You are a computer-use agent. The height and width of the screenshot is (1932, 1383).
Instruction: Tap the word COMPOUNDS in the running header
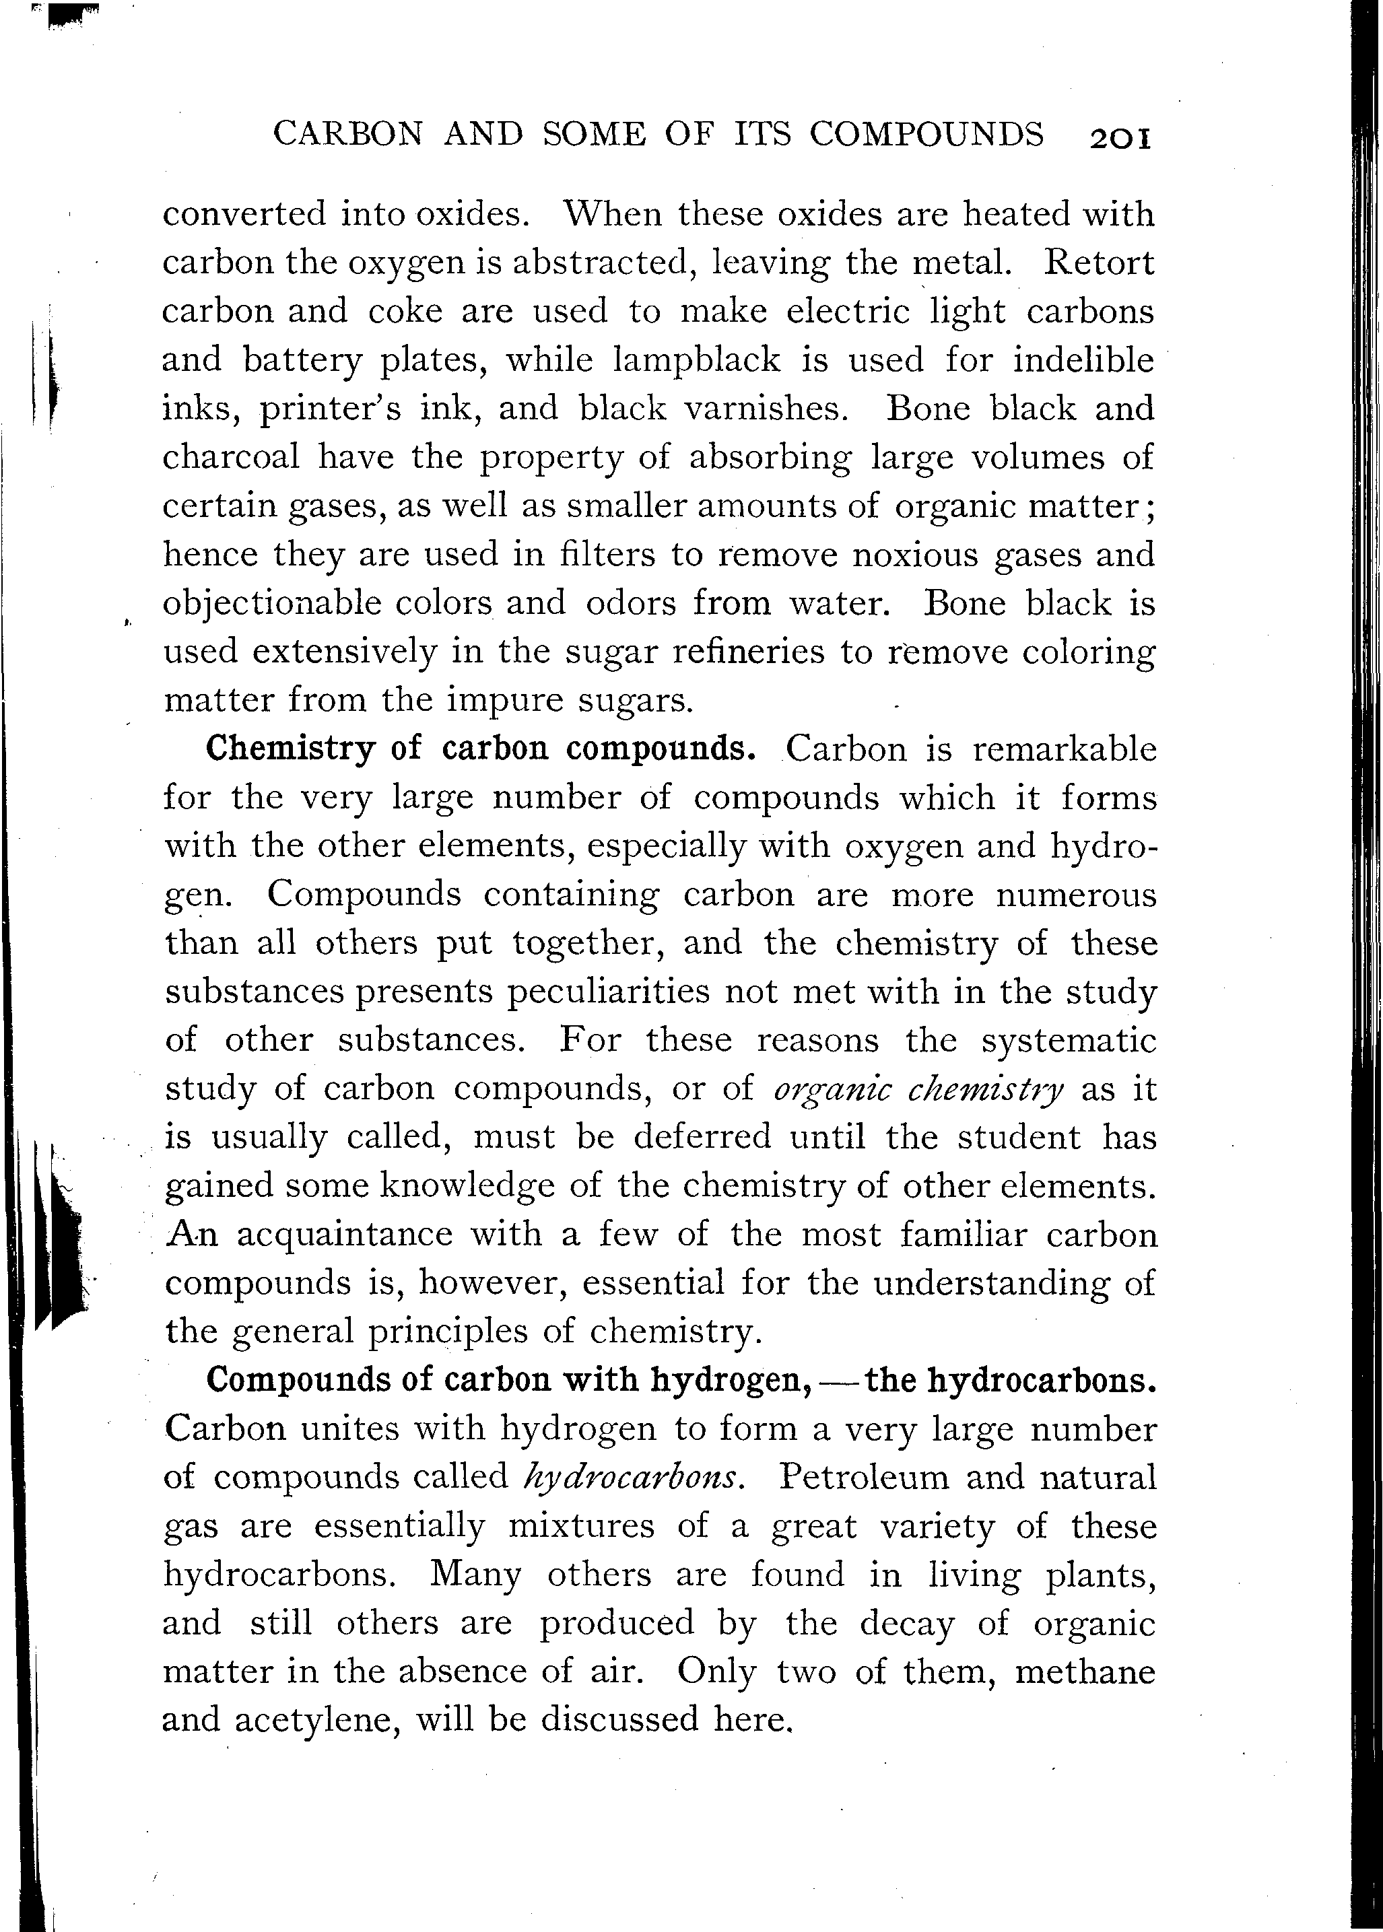click(926, 135)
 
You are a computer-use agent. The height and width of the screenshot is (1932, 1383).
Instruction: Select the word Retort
click(1099, 263)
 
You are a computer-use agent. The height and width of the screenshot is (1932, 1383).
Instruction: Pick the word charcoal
click(231, 457)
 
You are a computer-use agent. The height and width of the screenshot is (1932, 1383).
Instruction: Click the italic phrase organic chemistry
click(919, 1089)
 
